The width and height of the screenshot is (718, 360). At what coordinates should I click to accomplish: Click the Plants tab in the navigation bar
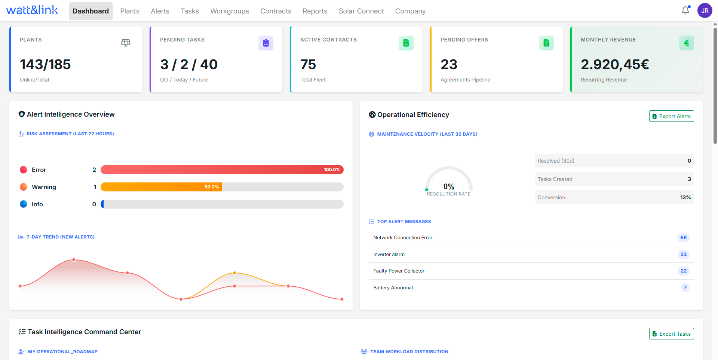pos(130,11)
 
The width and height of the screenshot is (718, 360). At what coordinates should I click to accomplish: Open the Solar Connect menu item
pos(361,11)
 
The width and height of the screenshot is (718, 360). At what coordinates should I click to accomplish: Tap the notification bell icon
pos(685,10)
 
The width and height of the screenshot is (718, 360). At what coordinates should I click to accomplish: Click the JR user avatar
pos(705,10)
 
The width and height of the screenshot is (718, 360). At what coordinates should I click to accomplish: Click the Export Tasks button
pos(671,334)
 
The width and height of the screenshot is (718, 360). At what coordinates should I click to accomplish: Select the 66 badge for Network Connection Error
pos(683,238)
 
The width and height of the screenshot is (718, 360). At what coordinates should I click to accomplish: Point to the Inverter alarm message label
pos(389,255)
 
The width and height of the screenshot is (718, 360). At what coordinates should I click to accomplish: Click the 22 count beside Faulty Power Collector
pos(683,271)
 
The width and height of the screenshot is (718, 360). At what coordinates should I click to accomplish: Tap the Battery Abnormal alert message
pos(393,288)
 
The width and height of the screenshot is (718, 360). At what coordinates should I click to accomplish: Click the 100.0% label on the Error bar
pos(332,170)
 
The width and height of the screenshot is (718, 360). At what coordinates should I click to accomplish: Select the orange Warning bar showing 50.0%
pos(161,187)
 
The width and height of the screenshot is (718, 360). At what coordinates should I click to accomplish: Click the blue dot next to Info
pos(24,204)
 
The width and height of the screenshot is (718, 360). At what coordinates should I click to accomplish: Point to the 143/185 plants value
pos(45,64)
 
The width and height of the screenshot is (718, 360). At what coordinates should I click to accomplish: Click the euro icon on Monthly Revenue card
pos(686,43)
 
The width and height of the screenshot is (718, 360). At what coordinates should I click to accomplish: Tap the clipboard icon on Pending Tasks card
pos(266,43)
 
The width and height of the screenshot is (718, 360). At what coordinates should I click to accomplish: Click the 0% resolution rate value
pos(449,187)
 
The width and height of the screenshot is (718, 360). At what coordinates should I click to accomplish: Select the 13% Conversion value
pos(685,197)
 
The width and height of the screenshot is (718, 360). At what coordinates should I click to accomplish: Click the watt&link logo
pos(32,10)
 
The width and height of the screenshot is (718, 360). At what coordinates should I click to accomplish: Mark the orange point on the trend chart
pos(234,273)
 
